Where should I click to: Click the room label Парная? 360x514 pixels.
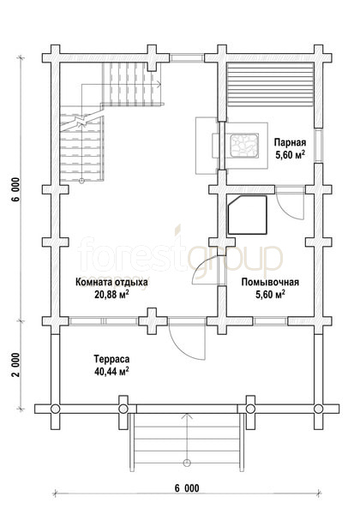290,142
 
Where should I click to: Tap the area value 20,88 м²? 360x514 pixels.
111,295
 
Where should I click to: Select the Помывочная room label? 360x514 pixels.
270,282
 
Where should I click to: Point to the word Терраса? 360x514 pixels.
111,359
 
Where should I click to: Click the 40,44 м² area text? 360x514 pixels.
111,372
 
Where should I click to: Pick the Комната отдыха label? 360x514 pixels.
111,282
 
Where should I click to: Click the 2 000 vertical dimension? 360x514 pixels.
16,365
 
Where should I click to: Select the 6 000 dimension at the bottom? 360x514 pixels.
187,488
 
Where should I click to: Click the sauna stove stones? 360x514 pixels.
244,145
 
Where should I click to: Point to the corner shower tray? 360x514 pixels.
248,215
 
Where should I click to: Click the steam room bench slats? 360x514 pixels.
270,85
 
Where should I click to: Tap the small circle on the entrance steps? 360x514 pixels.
187,463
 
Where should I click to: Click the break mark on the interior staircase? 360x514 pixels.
81,122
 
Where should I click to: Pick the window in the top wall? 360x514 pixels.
187,58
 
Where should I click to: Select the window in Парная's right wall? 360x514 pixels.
318,145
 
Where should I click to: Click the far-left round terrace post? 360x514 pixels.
56,409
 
